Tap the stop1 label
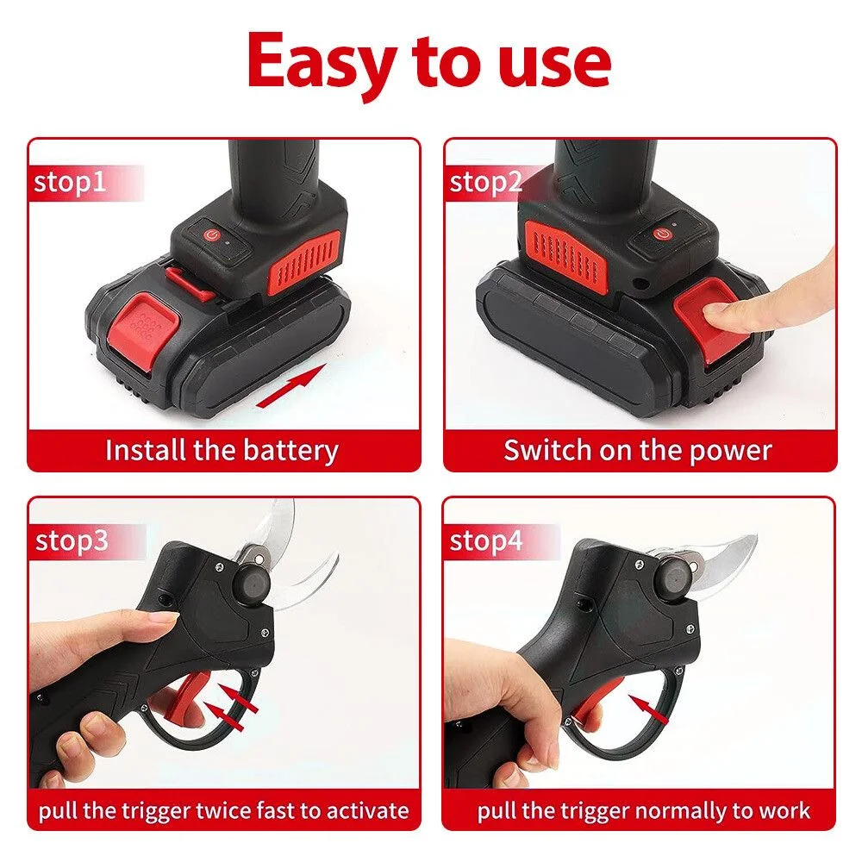(69, 182)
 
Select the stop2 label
(485, 183)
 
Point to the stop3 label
(72, 541)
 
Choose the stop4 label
(486, 541)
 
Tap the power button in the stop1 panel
(212, 235)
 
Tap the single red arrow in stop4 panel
(649, 709)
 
